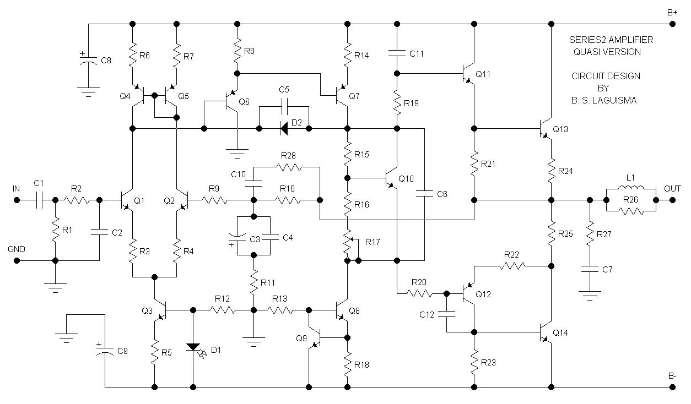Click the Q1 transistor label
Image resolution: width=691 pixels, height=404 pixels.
click(x=139, y=200)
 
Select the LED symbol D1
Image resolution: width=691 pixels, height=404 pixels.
click(x=193, y=347)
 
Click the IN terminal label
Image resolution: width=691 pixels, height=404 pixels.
click(x=17, y=189)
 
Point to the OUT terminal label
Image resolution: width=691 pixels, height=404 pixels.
click(x=672, y=189)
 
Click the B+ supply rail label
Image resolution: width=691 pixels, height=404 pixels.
click(x=672, y=12)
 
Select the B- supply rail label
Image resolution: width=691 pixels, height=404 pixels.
click(x=672, y=376)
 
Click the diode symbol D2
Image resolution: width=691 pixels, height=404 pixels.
click(x=284, y=129)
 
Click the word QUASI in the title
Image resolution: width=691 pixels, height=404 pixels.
click(x=586, y=52)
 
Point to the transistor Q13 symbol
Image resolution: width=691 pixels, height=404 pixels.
click(x=545, y=129)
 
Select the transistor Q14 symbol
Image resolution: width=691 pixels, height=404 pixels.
click(x=545, y=332)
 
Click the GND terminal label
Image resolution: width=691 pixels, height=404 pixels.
click(x=17, y=249)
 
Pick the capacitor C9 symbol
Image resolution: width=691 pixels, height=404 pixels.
click(x=105, y=351)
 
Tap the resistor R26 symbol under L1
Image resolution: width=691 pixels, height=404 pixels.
click(x=631, y=210)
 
